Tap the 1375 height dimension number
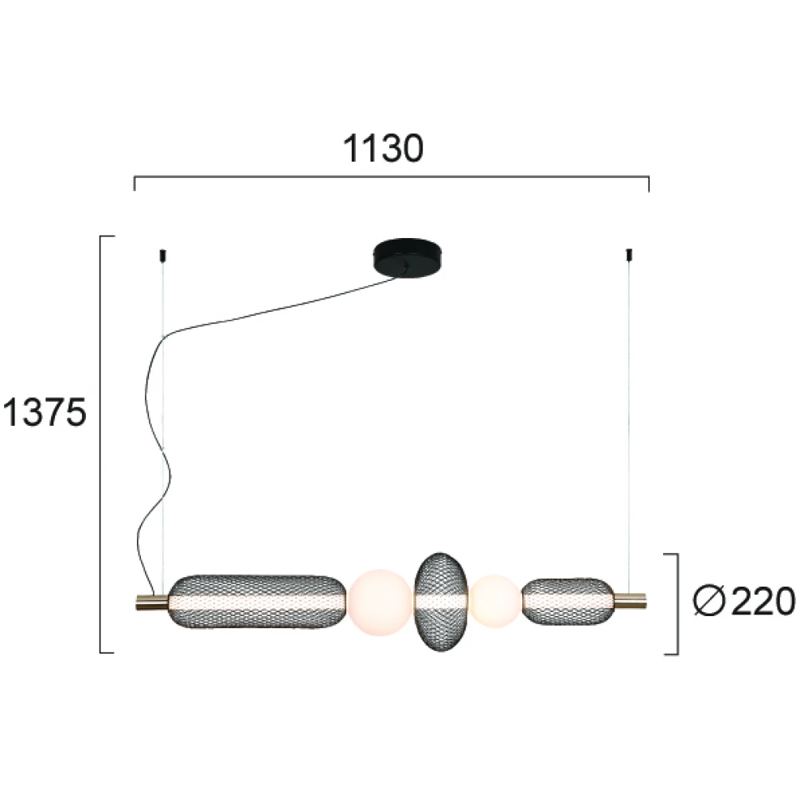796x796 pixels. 45,412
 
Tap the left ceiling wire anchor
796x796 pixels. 162,256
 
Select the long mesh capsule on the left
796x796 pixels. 257,602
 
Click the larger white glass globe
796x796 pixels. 380,602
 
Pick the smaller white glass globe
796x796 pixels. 495,602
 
